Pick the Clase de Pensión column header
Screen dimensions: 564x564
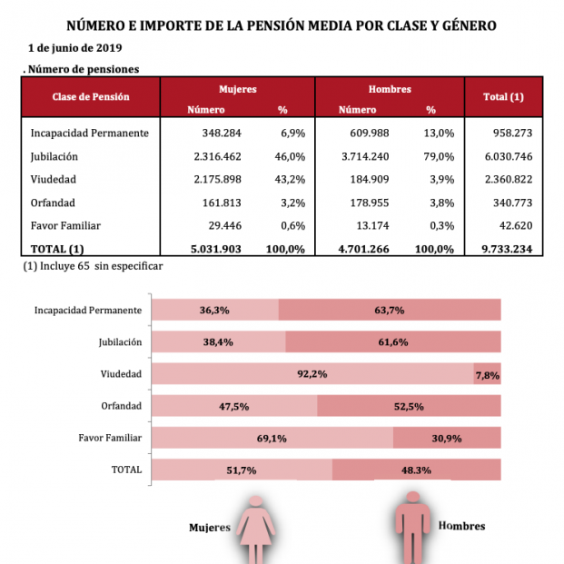coord(91,96)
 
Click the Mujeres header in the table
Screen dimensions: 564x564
coord(238,90)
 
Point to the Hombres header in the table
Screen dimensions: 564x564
coord(390,90)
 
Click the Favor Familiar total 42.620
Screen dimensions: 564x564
coord(513,226)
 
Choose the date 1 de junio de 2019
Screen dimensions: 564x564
coord(75,47)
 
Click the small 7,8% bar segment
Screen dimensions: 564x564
coord(488,374)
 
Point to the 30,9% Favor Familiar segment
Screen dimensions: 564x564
coord(447,438)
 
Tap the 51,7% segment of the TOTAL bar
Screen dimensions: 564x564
coord(242,470)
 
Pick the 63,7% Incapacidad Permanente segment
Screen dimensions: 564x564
coord(390,310)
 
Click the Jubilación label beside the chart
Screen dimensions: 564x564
coord(120,342)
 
